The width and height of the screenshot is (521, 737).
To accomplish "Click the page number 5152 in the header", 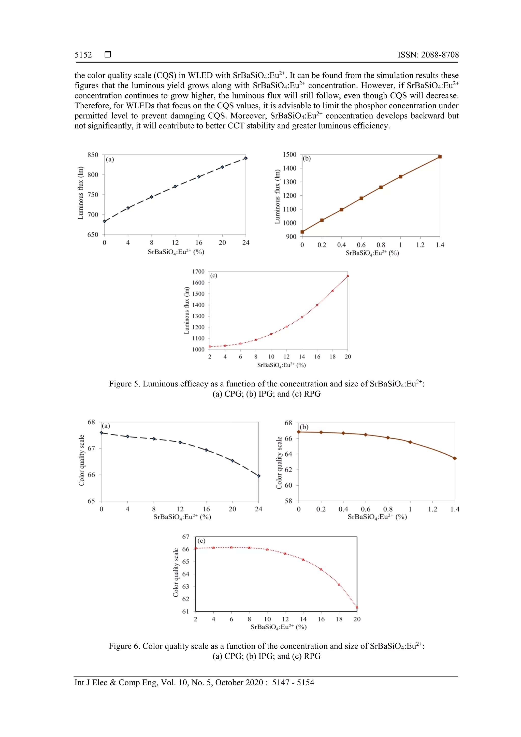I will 83,55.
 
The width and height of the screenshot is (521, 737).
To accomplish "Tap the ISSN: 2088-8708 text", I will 428,55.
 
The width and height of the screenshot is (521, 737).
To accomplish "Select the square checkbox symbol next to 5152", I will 108,54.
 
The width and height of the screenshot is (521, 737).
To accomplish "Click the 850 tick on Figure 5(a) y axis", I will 93,155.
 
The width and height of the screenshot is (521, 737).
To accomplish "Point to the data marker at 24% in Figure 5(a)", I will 245,158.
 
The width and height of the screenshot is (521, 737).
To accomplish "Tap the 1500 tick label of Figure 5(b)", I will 289,154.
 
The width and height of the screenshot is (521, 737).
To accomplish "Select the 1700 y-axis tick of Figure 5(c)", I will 198,271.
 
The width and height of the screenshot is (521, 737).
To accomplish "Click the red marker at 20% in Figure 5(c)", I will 348,276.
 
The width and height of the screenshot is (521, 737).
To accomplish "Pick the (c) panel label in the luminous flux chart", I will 213,276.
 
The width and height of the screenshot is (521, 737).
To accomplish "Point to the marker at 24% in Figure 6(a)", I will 259,476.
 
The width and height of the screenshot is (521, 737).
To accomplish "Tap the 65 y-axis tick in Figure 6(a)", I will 91,501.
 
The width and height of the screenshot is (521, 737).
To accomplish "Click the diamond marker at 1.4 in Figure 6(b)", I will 455,458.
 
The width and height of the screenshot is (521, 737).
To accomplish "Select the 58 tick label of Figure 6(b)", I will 288,501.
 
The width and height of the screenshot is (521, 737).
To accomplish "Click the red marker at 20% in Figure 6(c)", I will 357,607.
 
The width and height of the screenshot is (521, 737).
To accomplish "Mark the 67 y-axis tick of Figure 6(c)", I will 185,537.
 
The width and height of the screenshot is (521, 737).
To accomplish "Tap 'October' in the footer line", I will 228,683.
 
